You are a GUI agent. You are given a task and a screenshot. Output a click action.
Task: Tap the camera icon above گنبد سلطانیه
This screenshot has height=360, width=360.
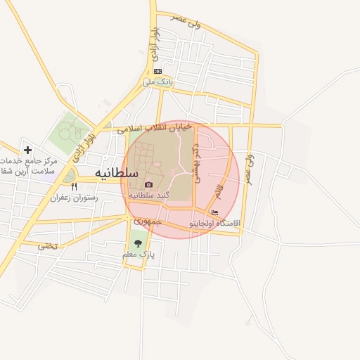tap(148, 184)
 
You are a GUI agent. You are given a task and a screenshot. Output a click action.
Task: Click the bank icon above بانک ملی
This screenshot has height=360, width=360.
tap(157, 71)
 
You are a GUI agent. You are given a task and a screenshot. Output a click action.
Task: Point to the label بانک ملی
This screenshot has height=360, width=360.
tap(157, 82)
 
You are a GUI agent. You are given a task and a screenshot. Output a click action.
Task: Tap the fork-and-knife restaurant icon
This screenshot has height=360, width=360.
tap(75, 187)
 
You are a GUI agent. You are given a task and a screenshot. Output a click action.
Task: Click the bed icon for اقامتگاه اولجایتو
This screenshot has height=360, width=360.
tap(214, 213)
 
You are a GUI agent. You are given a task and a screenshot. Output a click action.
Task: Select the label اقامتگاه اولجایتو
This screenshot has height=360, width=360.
tap(214, 224)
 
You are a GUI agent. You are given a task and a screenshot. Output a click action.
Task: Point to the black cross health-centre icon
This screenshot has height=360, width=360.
tap(27, 150)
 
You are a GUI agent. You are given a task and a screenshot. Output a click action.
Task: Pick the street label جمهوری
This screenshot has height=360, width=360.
tap(148, 221)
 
